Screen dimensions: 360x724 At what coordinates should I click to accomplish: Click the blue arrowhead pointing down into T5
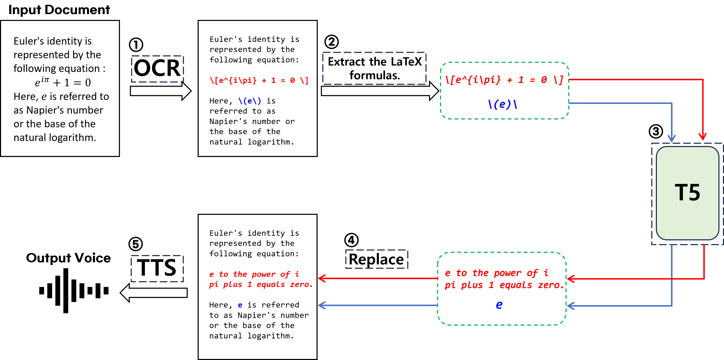tap(672, 139)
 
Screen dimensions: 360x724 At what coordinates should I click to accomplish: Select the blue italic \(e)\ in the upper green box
tap(503, 104)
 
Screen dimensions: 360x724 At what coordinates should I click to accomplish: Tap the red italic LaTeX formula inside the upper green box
tap(504, 80)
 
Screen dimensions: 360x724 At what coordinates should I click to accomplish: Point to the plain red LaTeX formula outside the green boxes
tap(259, 80)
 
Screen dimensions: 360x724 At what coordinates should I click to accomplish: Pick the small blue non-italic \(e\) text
tap(250, 101)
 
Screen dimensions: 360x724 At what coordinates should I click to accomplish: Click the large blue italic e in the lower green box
tap(499, 305)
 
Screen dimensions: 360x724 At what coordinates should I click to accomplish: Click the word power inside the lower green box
tap(507, 273)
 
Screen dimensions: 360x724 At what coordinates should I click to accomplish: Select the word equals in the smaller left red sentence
tap(271, 285)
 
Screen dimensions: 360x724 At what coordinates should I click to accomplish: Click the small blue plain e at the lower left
tap(240, 305)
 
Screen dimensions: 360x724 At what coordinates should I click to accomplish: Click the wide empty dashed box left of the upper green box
tap(374, 68)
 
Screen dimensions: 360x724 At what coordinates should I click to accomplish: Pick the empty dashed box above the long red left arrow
tap(376, 259)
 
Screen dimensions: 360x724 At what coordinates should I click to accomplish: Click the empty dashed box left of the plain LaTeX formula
tap(157, 69)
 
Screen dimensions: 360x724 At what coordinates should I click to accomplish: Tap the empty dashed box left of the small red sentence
tap(157, 269)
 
